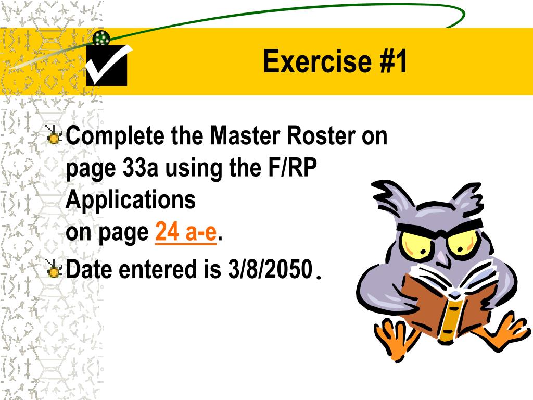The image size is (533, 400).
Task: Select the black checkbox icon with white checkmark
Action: (x=107, y=66)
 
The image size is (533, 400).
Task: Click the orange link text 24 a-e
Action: (x=186, y=233)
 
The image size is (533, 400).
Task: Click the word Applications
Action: (x=131, y=201)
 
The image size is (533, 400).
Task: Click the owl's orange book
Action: (x=442, y=307)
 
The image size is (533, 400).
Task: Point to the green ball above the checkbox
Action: (x=101, y=37)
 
